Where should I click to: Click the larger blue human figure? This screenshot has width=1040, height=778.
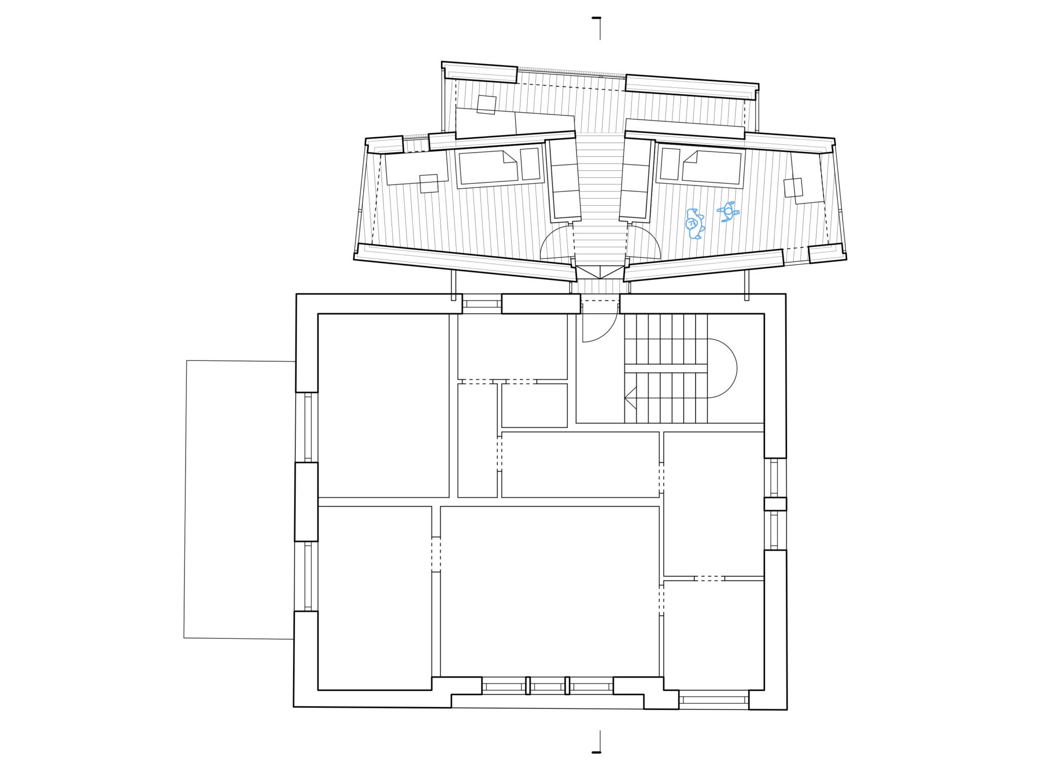pyautogui.click(x=694, y=223)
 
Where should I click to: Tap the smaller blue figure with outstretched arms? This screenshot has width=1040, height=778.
pyautogui.click(x=729, y=211)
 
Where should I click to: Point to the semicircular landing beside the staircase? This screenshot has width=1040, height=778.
pyautogui.click(x=722, y=368)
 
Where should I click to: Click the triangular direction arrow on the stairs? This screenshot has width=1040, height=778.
pyautogui.click(x=631, y=398)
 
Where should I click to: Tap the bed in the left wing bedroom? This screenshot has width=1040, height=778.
pyautogui.click(x=488, y=168)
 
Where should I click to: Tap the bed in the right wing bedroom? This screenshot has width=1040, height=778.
pyautogui.click(x=712, y=167)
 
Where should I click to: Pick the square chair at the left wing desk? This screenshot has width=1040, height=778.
pyautogui.click(x=429, y=183)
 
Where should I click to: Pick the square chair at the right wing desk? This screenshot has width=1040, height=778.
pyautogui.click(x=793, y=187)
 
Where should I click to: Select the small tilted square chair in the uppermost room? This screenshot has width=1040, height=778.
pyautogui.click(x=486, y=105)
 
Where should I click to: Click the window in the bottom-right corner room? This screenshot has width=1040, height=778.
pyautogui.click(x=713, y=700)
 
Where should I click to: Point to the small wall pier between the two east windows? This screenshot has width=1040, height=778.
pyautogui.click(x=775, y=504)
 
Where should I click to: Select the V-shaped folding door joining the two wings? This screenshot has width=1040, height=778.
pyautogui.click(x=600, y=272)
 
